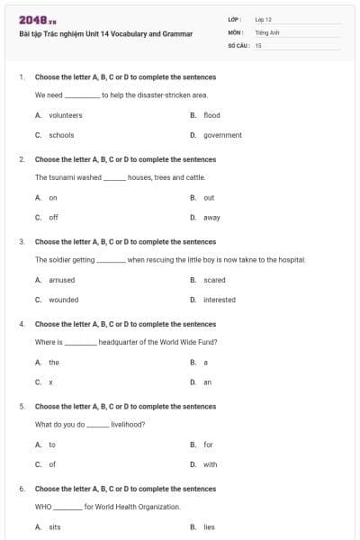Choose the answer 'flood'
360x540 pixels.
coord(211,115)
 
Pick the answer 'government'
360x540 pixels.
coord(222,135)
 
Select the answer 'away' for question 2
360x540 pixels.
coord(211,217)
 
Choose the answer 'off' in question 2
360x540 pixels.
coord(54,217)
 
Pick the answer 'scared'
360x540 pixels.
coord(214,280)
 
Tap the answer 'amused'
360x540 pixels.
coord(61,280)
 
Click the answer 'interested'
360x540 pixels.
coord(220,300)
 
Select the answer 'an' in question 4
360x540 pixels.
coord(207,382)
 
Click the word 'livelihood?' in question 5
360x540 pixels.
coord(128,424)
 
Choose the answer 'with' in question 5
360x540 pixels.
coord(210,464)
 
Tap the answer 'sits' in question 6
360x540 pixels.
coord(55,526)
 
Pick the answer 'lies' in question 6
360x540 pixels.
coord(209,526)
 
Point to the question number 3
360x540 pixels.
coord(22,242)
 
